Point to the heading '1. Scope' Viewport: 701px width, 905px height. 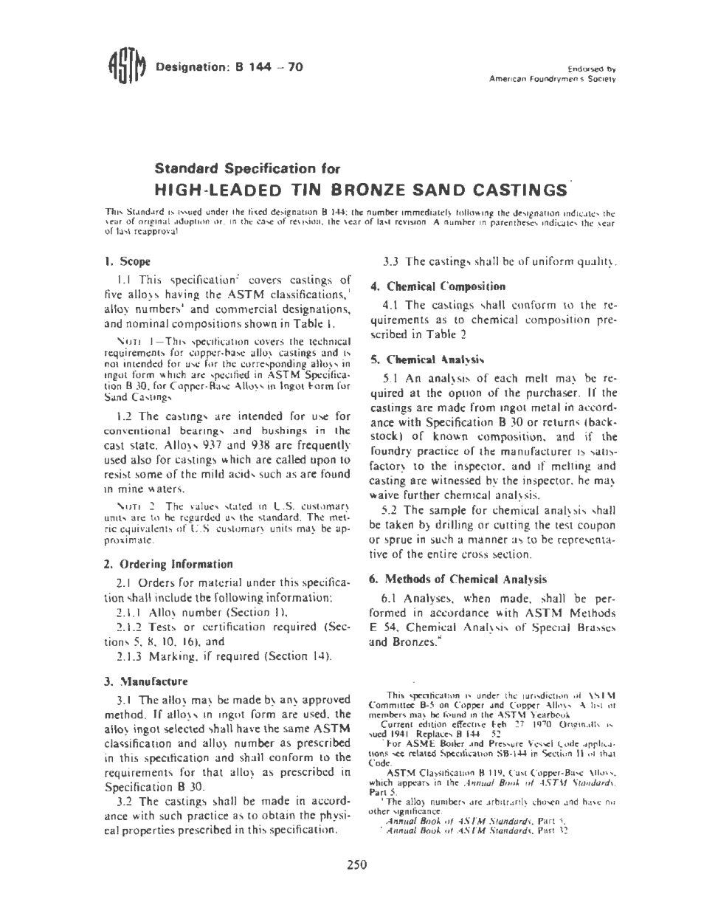point(128,261)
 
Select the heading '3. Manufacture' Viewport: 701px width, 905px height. point(146,681)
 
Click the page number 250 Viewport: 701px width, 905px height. point(356,865)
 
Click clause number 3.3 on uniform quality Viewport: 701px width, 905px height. point(391,261)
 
